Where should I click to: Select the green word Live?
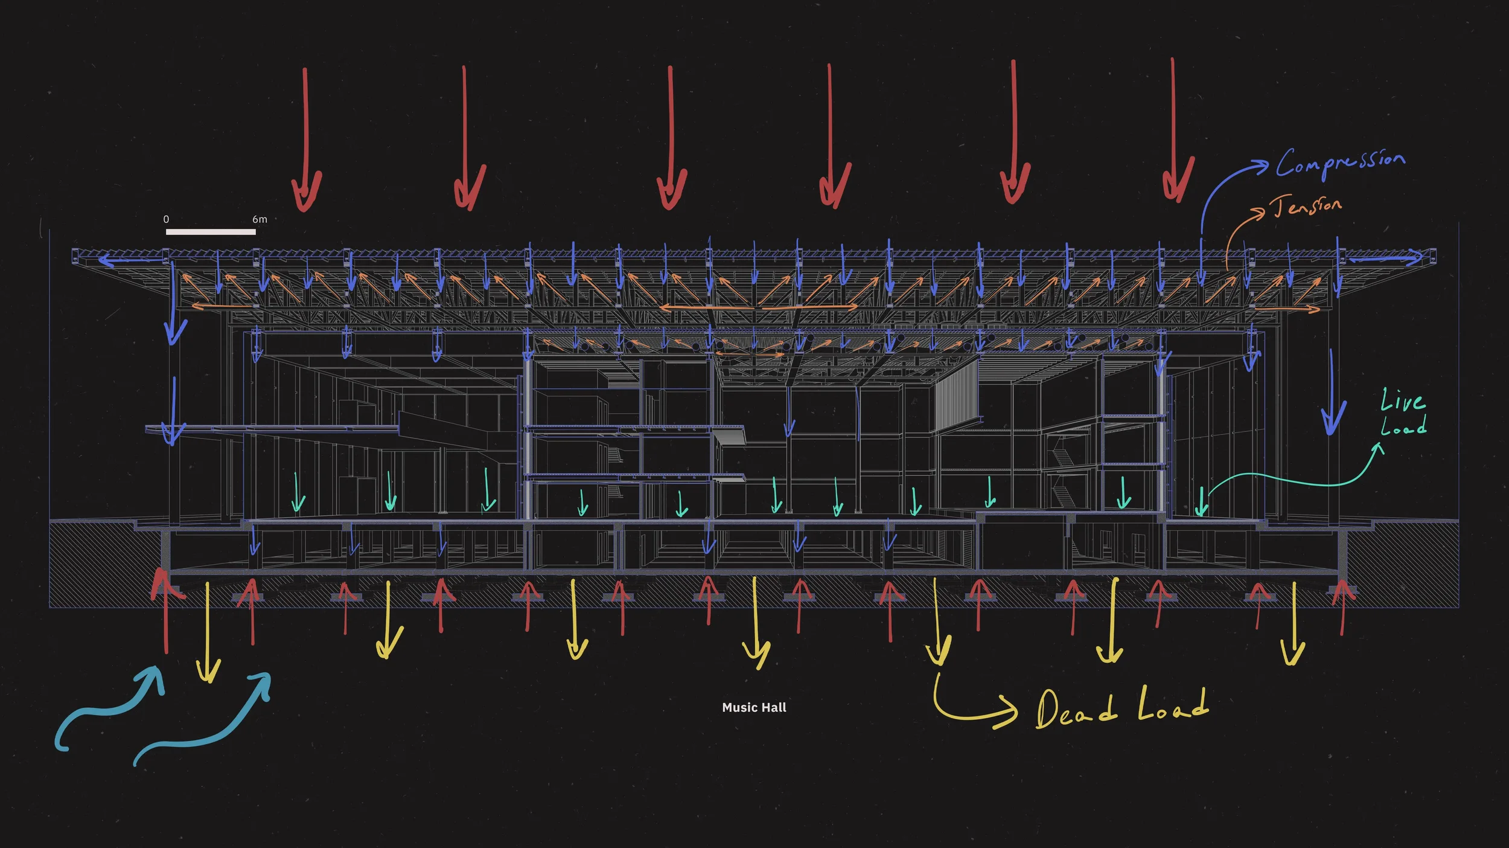tap(1402, 400)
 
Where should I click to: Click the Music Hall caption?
tap(754, 707)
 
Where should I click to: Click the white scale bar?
tap(211, 232)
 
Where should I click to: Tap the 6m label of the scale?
tap(260, 219)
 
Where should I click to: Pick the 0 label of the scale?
tap(166, 219)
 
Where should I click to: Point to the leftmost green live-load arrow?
tap(298, 492)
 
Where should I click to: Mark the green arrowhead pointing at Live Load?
tap(1379, 448)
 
